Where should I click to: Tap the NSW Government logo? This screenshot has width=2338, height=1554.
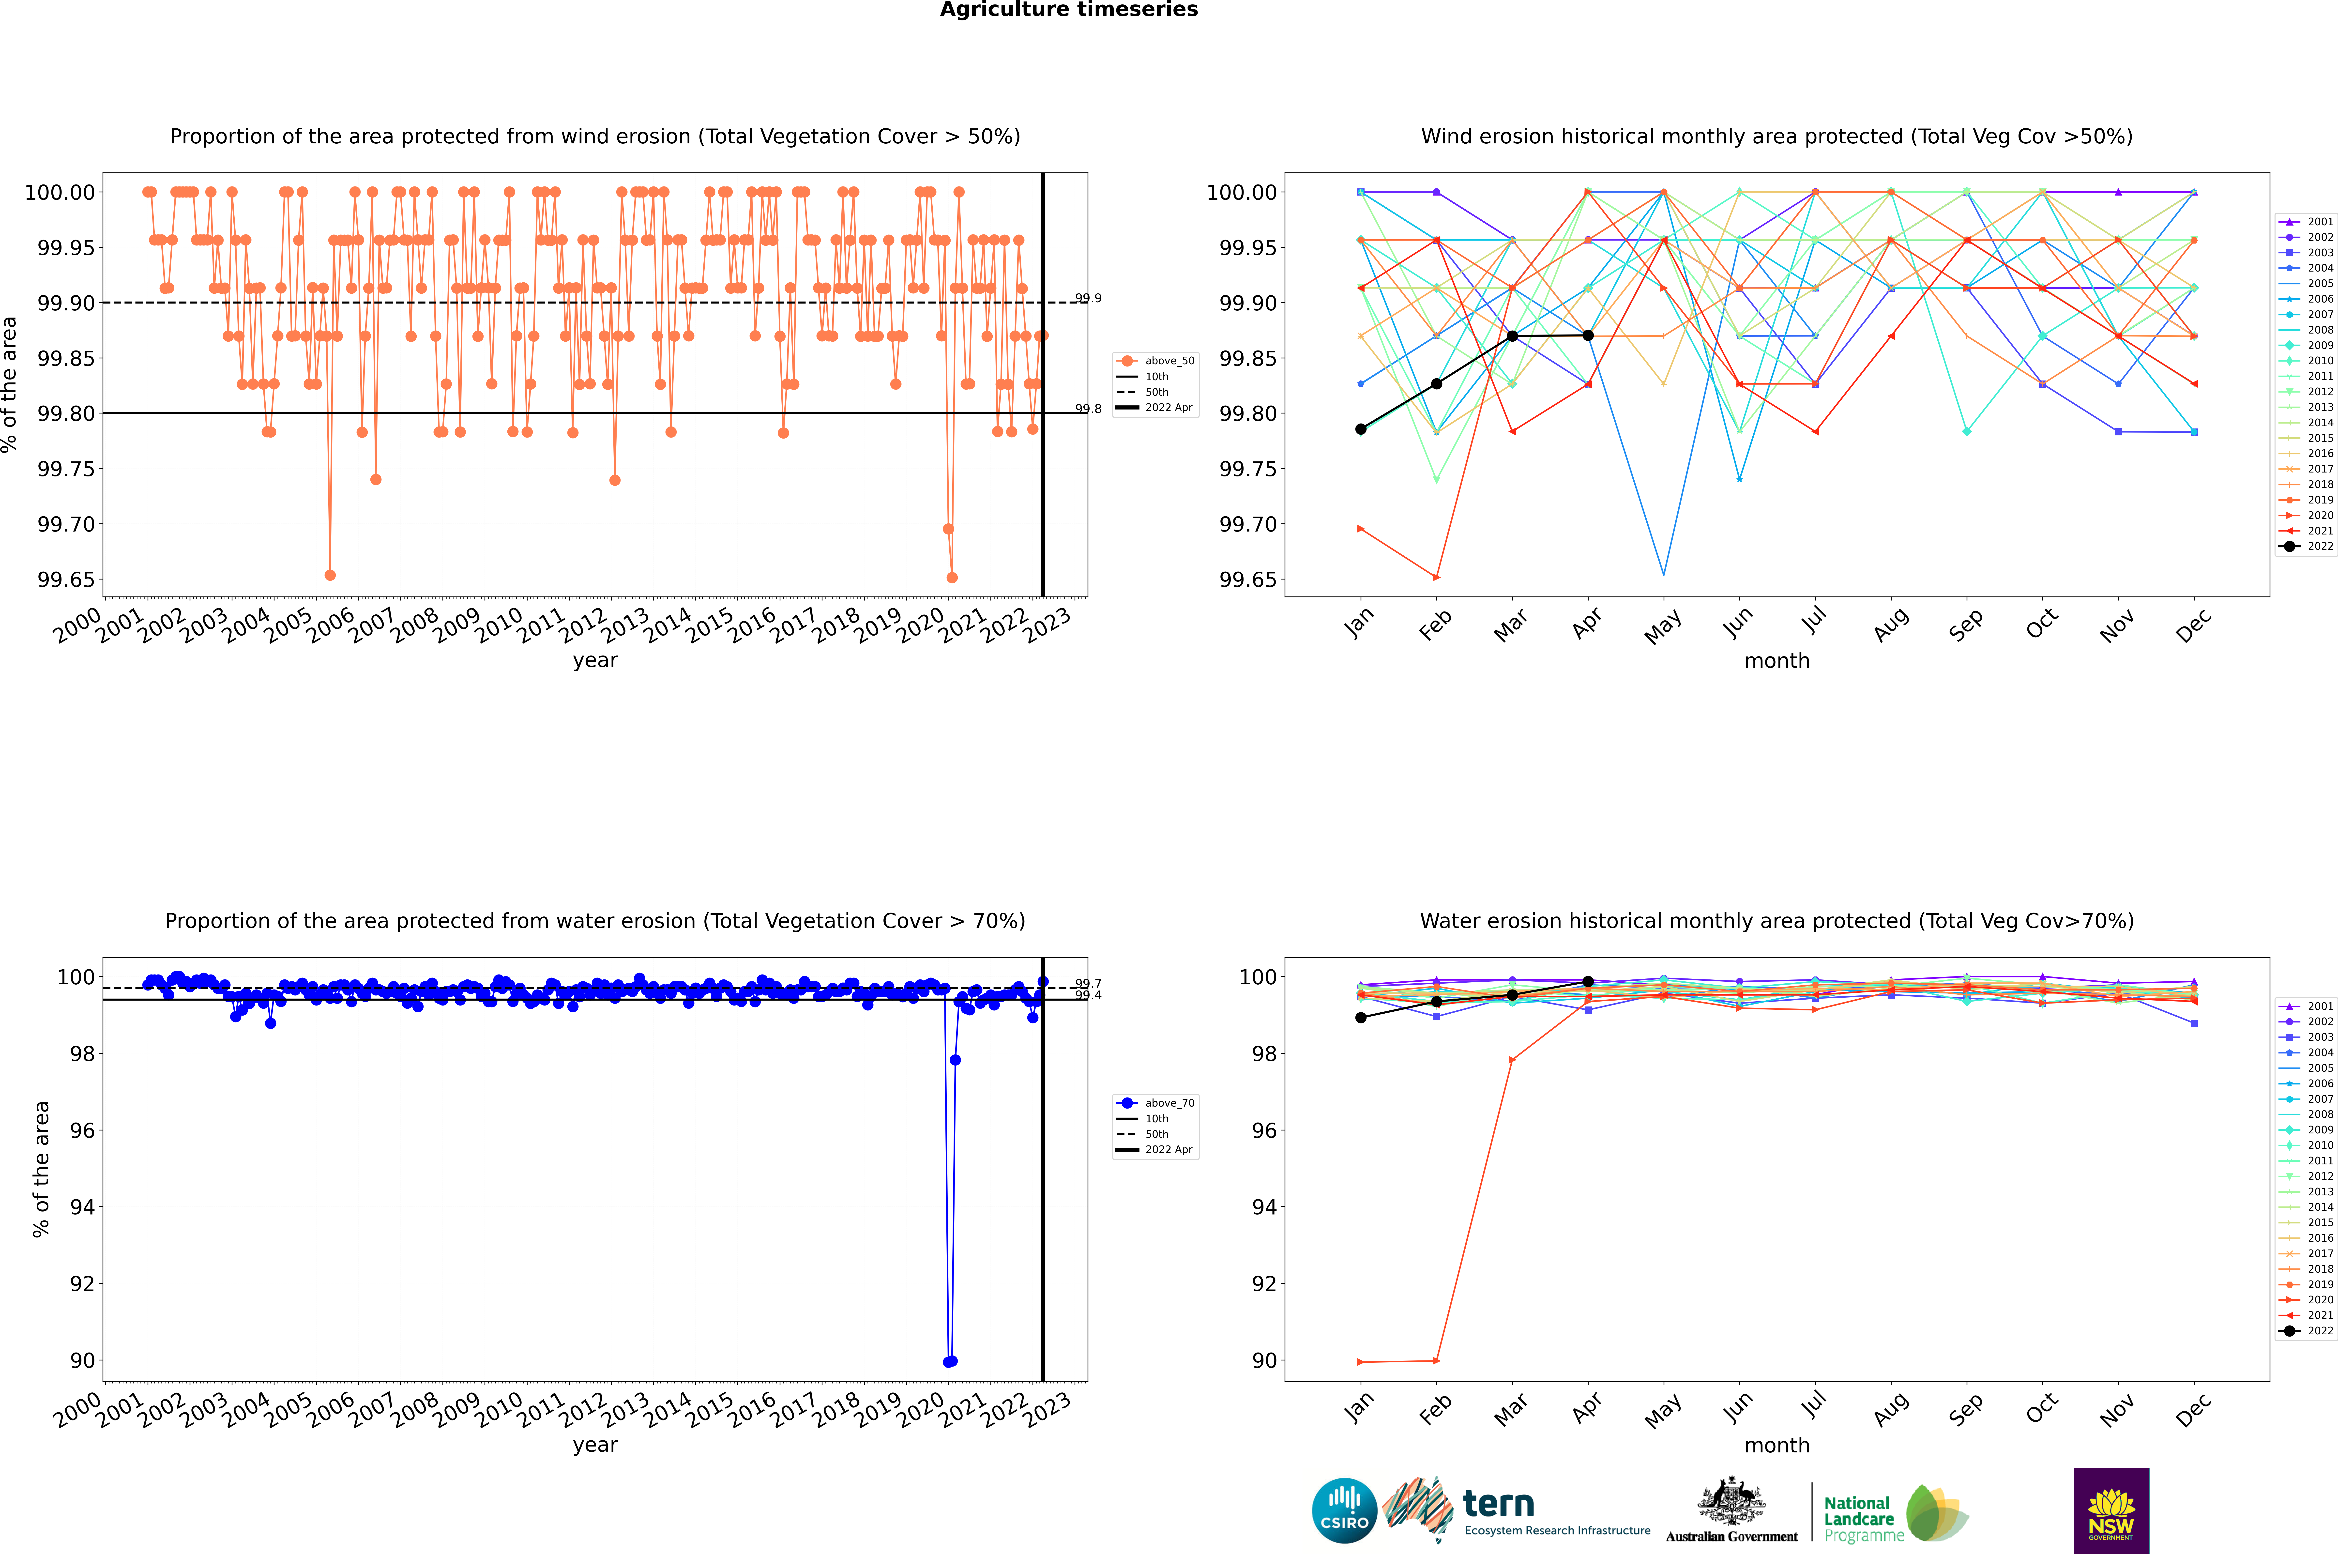pyautogui.click(x=2111, y=1510)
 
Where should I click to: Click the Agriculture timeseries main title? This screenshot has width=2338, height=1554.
pyautogui.click(x=1068, y=10)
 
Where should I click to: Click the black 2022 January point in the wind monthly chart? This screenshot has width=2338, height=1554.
pyautogui.click(x=1361, y=429)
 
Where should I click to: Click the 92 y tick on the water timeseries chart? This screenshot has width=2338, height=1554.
pyautogui.click(x=81, y=1283)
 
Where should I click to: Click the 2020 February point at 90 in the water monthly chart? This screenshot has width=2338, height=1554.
pyautogui.click(x=1436, y=1361)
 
